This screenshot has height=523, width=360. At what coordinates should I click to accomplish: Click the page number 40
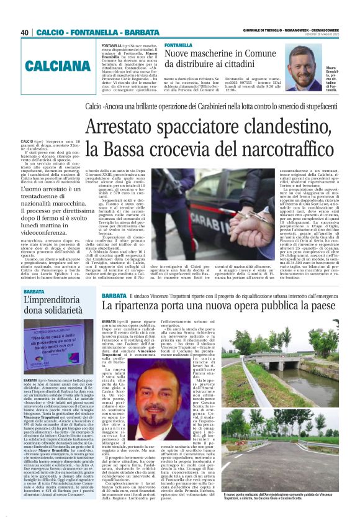point(25,32)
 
